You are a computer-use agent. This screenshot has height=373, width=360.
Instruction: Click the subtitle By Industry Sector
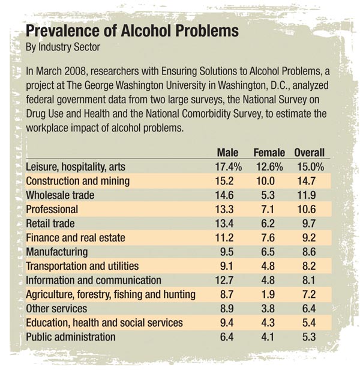62,46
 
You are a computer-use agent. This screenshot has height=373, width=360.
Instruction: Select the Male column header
227,153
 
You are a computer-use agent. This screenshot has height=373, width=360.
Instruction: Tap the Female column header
269,153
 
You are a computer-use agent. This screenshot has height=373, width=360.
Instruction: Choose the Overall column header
310,153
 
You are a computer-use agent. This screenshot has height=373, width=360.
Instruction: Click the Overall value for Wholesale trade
310,195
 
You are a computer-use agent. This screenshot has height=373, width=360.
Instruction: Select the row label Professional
52,210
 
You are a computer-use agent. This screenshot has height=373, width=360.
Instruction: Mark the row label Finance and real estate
76,238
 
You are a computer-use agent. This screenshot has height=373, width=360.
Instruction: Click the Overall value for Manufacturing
310,252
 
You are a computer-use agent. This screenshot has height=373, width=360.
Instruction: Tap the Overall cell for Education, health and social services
310,323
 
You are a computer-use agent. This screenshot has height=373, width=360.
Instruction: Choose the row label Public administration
71,336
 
